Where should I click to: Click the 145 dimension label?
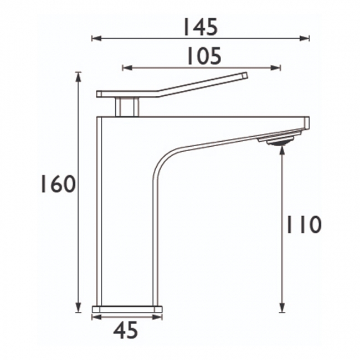click(199, 27)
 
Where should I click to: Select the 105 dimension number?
click(204, 56)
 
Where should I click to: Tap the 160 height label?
click(58, 184)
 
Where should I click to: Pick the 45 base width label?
click(126, 330)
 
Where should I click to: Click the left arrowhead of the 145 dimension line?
click(97, 38)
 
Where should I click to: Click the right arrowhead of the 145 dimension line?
click(304, 38)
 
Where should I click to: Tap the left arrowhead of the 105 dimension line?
click(127, 68)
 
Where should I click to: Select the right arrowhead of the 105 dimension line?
click(275, 68)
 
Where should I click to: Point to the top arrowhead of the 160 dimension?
click(79, 77)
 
